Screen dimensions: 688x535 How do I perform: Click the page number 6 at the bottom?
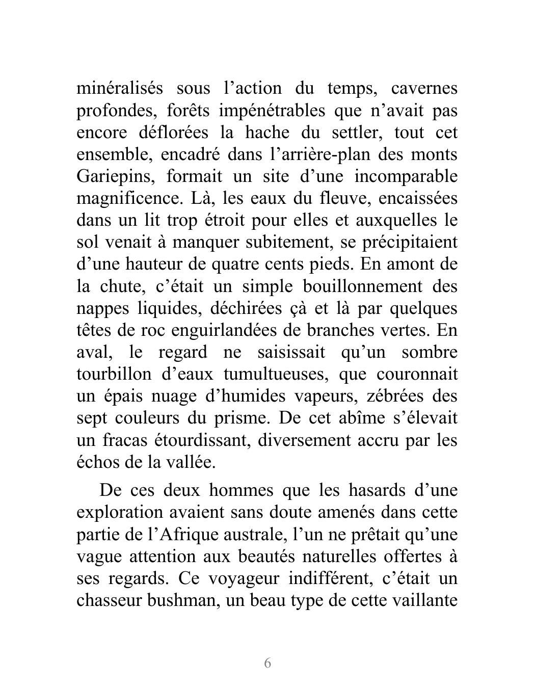(x=267, y=663)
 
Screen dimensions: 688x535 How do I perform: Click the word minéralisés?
(x=120, y=89)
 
